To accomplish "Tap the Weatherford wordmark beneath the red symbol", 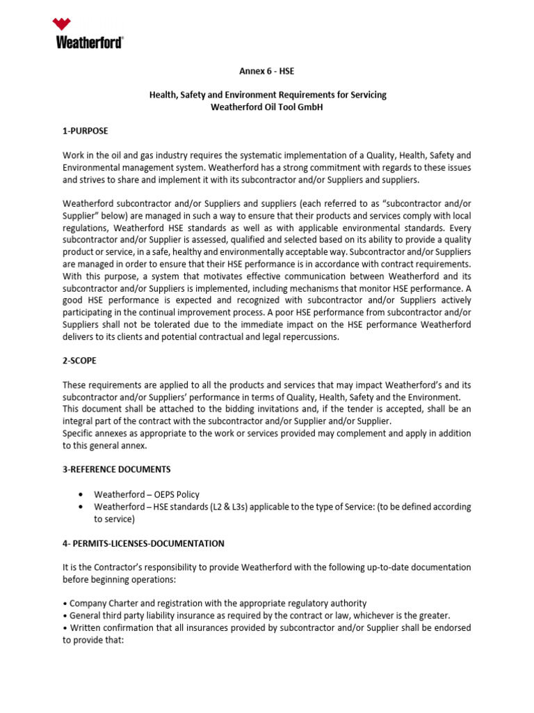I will pos(90,43).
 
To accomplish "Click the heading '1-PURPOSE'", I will pos(86,130).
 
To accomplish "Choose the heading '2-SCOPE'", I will pos(80,361).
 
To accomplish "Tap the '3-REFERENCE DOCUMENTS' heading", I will pos(117,469).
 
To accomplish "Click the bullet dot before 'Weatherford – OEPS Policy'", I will pos(82,494).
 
